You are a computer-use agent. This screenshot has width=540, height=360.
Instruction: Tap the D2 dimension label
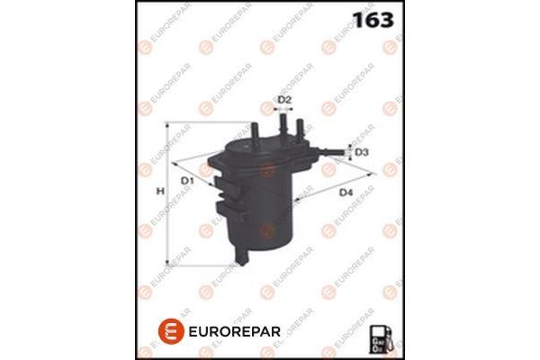tap(284, 99)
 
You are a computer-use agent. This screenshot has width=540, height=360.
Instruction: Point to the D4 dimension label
tap(346, 193)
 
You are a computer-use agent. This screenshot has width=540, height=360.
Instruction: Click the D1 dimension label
tap(188, 182)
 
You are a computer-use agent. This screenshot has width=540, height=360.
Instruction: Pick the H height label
tap(159, 192)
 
